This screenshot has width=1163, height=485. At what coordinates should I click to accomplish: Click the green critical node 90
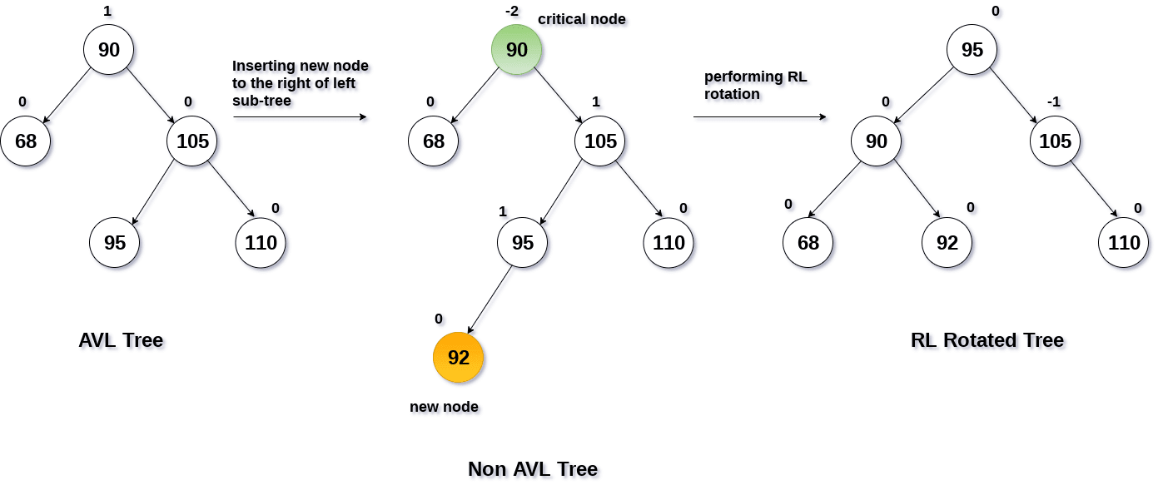(516, 50)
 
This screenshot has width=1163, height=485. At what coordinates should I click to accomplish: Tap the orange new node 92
(458, 358)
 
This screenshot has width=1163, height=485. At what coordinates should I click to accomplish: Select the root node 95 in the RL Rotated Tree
(972, 50)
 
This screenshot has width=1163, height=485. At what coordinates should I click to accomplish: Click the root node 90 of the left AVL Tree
(108, 50)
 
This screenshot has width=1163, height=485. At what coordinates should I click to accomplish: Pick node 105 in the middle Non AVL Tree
(599, 141)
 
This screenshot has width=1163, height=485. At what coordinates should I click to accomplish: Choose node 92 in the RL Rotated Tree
(947, 243)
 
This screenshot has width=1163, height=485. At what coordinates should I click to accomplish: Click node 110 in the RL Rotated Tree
(1123, 243)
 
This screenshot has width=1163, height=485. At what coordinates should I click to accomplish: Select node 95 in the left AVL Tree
(115, 243)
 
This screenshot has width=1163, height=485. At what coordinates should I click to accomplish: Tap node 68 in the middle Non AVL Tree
(433, 141)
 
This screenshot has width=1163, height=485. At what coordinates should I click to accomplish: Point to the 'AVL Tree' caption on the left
(121, 340)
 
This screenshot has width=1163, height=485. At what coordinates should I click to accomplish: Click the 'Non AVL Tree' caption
(533, 469)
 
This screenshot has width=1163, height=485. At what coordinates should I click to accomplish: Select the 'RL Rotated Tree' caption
(987, 340)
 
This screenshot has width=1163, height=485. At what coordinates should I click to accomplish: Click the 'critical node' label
(581, 18)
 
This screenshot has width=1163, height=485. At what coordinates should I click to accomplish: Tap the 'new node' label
(444, 407)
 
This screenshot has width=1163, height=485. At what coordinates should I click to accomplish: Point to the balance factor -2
(512, 11)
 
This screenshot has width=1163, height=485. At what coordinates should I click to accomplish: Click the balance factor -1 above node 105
(1055, 101)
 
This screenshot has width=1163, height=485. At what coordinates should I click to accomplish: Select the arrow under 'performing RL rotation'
(759, 117)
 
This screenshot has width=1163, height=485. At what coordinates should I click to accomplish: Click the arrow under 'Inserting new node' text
(300, 117)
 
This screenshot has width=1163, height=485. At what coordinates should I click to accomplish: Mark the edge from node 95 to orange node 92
(492, 299)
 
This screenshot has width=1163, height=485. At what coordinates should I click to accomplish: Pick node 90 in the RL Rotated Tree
(876, 141)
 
